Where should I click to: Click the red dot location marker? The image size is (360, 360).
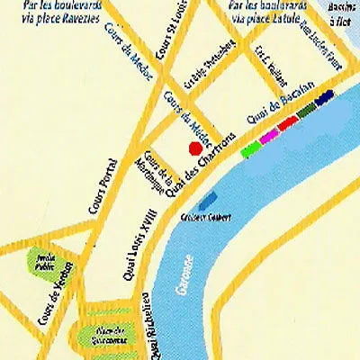pos(193,148)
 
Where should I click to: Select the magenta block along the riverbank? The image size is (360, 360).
pos(269,135)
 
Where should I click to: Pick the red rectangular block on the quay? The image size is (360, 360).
pos(288,123)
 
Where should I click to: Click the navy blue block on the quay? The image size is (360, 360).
pos(325,97)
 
